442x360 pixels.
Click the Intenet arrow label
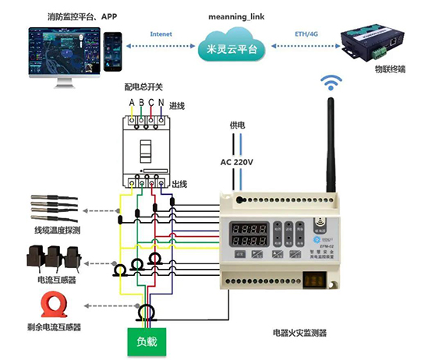tap(163, 34)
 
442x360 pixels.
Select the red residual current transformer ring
tap(48, 304)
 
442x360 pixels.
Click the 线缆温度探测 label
tap(58, 231)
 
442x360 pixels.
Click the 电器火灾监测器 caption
tap(299, 333)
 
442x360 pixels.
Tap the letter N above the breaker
tap(161, 102)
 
